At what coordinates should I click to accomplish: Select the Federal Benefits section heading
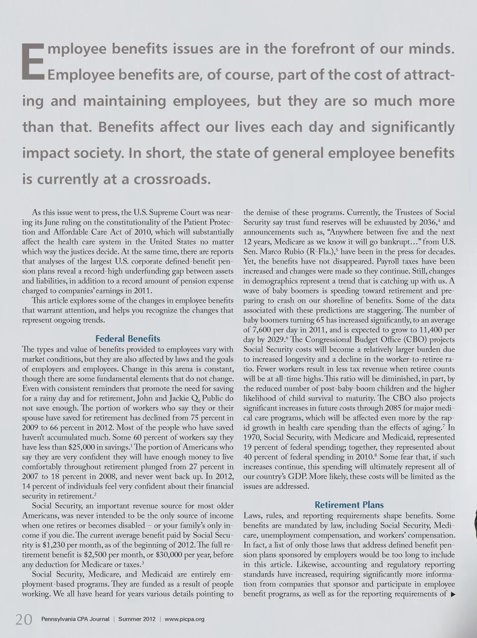pyautogui.click(x=128, y=338)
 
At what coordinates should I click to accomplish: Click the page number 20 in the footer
pyautogui.click(x=24, y=620)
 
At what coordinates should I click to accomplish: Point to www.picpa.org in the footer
pyautogui.click(x=184, y=619)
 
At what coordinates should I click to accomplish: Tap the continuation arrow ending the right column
pyautogui.click(x=452, y=594)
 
